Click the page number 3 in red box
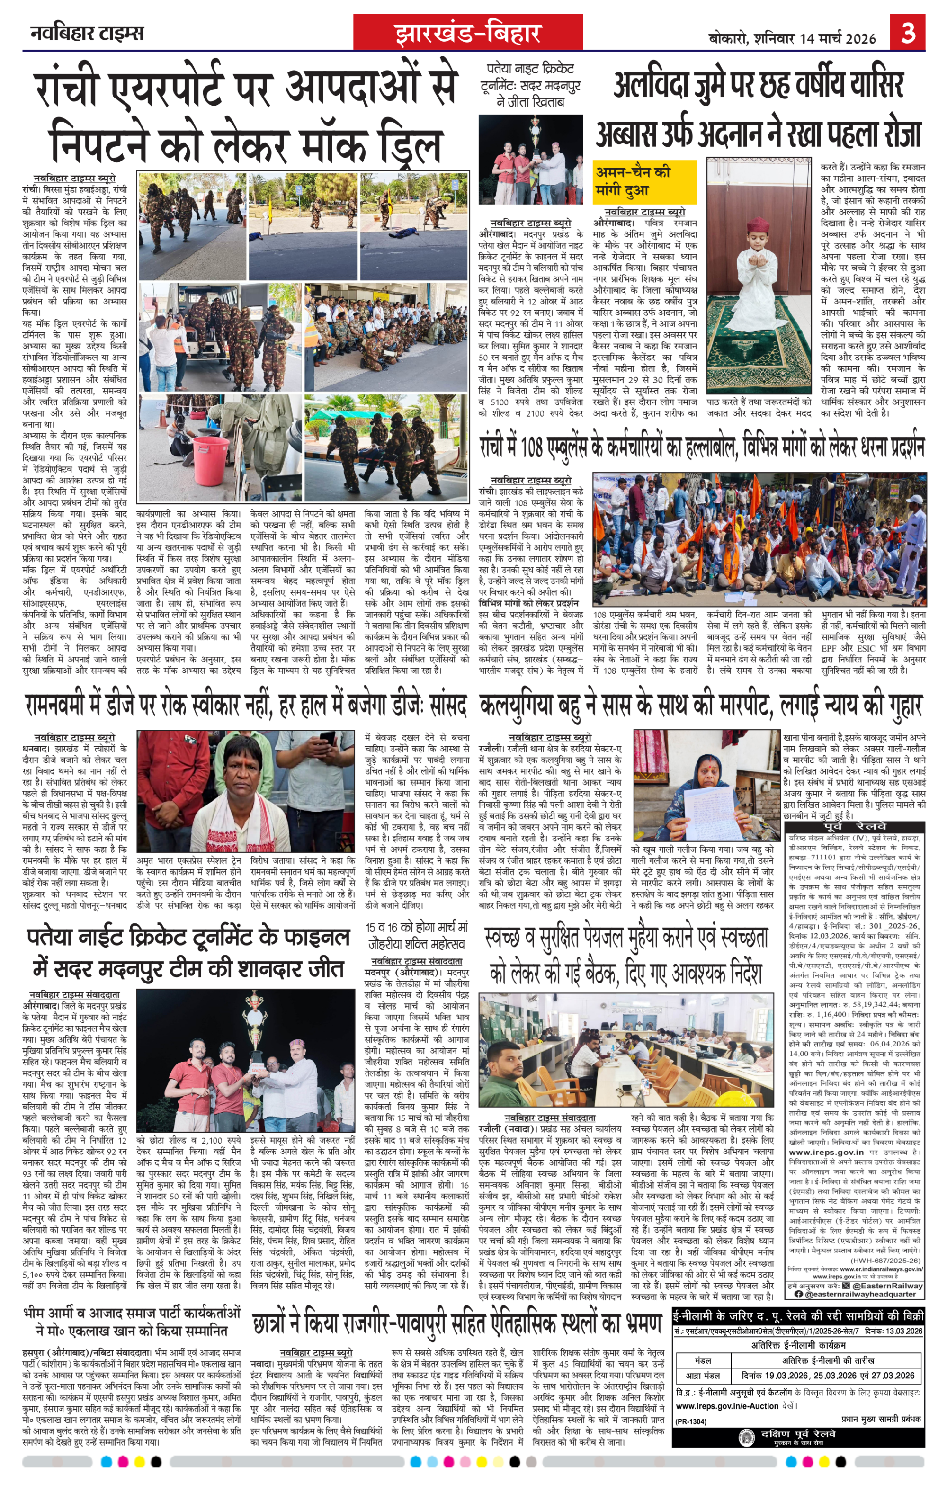pyautogui.click(x=907, y=32)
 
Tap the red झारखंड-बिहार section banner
pyautogui.click(x=468, y=33)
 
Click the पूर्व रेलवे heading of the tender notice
pyautogui.click(x=855, y=826)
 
